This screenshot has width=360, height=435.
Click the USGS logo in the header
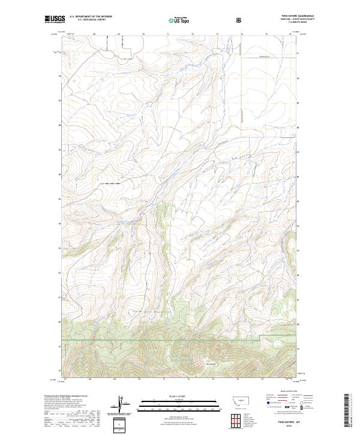[54, 20]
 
